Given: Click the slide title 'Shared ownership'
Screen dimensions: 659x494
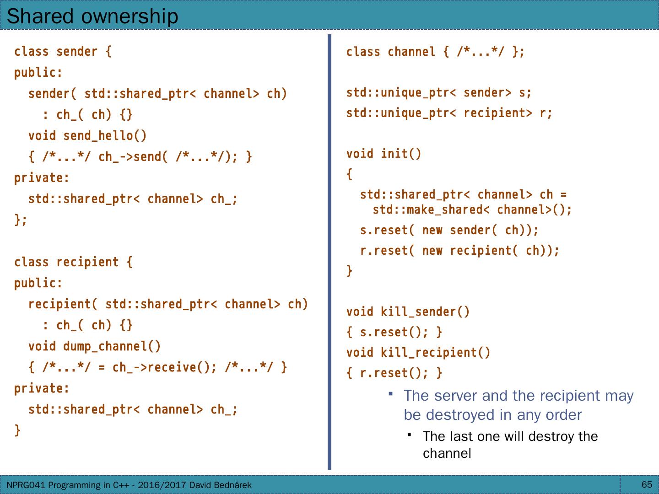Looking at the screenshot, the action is [92, 16].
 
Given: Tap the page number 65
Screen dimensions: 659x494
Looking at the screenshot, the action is [647, 484].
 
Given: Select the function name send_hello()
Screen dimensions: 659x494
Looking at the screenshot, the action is [105, 136].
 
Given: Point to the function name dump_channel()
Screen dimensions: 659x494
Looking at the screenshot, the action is [112, 346].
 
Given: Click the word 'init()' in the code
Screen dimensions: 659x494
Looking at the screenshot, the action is [401, 154].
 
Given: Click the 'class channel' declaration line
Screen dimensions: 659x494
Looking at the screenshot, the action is [435, 52].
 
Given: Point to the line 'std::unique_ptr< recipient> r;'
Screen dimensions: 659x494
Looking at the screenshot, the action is [449, 113].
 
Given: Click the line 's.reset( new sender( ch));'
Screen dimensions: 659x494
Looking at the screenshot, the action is [449, 230].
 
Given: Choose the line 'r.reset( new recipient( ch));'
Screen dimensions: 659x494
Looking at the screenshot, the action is [459, 251].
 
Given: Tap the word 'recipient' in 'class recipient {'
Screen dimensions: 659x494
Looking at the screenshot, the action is [87, 262].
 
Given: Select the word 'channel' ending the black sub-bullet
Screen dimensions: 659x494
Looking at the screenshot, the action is [447, 453].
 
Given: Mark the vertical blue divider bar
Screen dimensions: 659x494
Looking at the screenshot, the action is [329, 252].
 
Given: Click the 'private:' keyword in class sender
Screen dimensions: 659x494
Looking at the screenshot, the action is [42, 178].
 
